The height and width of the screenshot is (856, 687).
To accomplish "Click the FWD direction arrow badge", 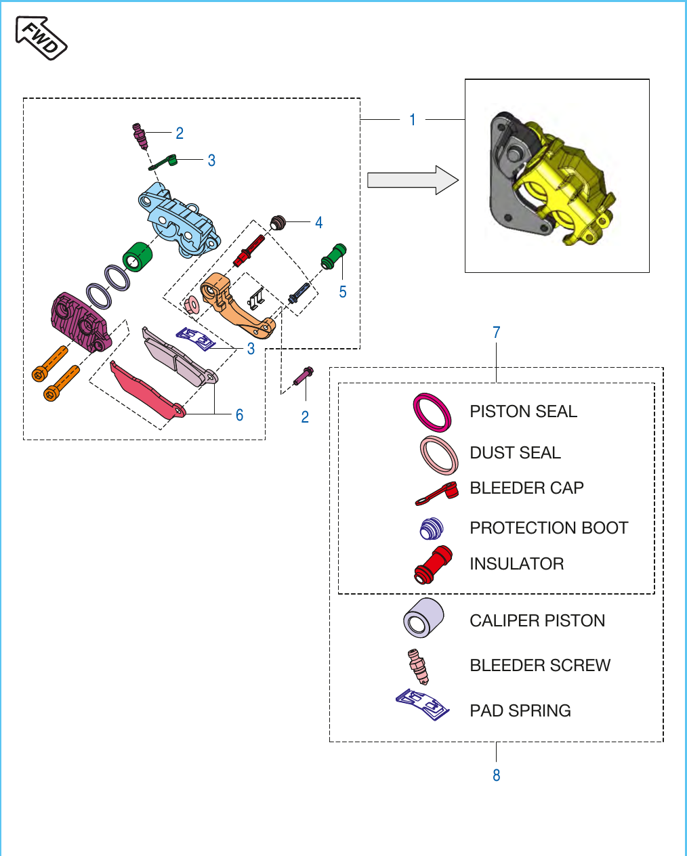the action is coord(41,38).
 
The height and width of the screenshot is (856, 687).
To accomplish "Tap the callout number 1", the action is coord(413,120).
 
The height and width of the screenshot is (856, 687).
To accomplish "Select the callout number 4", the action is coord(319,222).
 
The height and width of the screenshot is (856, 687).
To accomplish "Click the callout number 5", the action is coord(343,292).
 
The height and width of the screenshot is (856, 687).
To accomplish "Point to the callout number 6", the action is coord(240,415).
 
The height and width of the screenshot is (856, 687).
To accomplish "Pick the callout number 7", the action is coord(497,333).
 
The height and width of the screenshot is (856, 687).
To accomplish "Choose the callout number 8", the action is coord(497,775).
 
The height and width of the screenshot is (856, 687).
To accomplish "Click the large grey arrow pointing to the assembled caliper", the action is coord(413,180).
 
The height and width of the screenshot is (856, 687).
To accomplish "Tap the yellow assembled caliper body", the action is coord(565,183).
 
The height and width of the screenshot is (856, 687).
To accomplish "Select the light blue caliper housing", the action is coord(179,219).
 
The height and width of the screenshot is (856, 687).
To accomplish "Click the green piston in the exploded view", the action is coord(138,257).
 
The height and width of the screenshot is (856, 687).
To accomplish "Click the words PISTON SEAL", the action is coord(524,411).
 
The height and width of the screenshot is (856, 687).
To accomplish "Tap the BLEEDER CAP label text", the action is coord(526,488).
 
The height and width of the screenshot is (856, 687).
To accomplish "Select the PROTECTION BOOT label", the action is coord(549,528).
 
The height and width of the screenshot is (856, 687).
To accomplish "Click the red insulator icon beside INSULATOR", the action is coord(433,565).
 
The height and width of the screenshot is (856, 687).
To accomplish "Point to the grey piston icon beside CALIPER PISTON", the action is coord(423,618).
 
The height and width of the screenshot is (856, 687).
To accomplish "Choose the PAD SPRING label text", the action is coord(520,711).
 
